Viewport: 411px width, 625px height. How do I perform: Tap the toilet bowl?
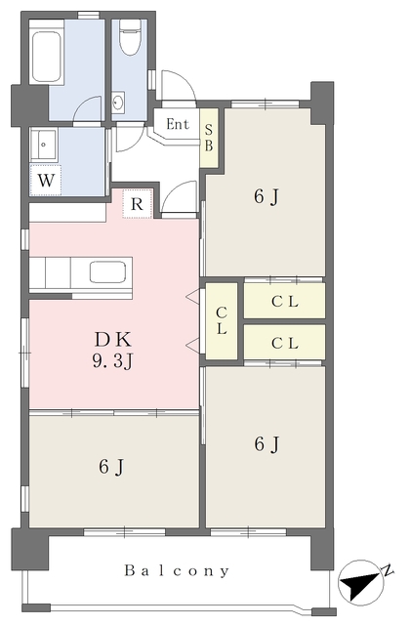pyautogui.click(x=131, y=37)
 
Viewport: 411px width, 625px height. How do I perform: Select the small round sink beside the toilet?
pyautogui.click(x=118, y=102)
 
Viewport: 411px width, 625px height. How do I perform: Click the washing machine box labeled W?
pyautogui.click(x=46, y=180)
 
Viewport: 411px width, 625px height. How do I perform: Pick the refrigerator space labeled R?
pyautogui.click(x=137, y=204)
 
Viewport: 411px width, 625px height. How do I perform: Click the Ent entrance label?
pyautogui.click(x=178, y=124)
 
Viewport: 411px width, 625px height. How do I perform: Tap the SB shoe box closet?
pyautogui.click(x=209, y=138)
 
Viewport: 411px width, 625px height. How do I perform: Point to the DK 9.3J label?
pyautogui.click(x=112, y=351)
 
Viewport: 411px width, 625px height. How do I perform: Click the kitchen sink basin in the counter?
pyautogui.click(x=107, y=271)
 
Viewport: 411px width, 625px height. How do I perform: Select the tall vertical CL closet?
pyautogui.click(x=222, y=320)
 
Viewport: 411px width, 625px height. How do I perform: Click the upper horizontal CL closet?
pyautogui.click(x=285, y=301)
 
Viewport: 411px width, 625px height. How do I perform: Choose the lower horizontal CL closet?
pyautogui.click(x=285, y=342)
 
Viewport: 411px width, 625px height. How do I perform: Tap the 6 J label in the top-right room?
pyautogui.click(x=267, y=196)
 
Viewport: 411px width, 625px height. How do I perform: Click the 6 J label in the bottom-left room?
pyautogui.click(x=111, y=467)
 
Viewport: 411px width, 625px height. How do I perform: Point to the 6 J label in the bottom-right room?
pyautogui.click(x=267, y=443)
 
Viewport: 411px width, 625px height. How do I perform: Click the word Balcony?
pyautogui.click(x=177, y=570)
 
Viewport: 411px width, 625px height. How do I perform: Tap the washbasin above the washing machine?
pyautogui.click(x=44, y=145)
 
